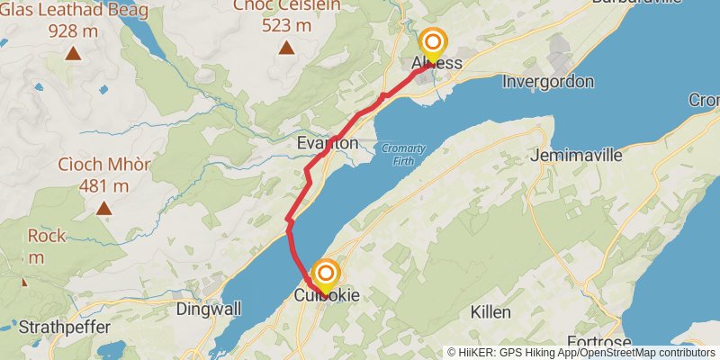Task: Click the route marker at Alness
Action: (433, 43)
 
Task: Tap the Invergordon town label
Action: (548, 82)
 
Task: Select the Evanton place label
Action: (328, 143)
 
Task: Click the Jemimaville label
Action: (577, 155)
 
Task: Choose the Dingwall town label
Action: (208, 309)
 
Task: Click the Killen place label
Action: (490, 312)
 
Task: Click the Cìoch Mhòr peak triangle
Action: (104, 209)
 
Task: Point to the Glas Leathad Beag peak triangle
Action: (72, 52)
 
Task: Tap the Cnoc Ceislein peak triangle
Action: (286, 48)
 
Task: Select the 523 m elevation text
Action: (286, 25)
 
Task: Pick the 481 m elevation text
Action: (103, 186)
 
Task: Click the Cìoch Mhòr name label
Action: (103, 165)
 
